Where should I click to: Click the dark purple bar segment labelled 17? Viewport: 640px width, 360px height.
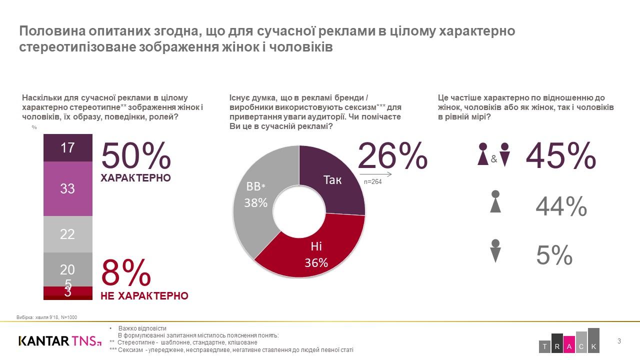point(67,148)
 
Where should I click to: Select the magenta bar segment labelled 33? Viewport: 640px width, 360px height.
point(67,188)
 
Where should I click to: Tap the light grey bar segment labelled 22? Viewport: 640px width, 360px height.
point(67,234)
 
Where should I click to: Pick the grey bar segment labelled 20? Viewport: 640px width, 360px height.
point(67,269)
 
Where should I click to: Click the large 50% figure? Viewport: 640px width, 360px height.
point(136,156)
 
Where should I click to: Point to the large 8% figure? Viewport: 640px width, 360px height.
point(126,273)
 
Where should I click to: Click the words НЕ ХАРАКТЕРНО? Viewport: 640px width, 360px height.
point(144,296)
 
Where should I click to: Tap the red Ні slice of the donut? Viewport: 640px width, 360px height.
point(316,253)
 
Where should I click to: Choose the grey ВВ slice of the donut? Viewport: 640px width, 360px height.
point(256,195)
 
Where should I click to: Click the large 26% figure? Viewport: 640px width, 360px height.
point(392,156)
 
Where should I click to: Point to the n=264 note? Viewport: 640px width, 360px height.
point(372,182)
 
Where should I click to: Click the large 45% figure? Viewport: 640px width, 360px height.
point(560,156)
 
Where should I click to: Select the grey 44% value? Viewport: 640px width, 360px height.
point(561,206)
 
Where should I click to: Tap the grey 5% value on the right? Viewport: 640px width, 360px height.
point(554,255)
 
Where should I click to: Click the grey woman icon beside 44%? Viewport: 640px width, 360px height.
point(495,201)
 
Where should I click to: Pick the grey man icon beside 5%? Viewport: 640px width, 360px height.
point(495,251)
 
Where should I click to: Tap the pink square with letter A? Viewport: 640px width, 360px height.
point(569,346)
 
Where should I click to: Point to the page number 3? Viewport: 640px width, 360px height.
point(619,341)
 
